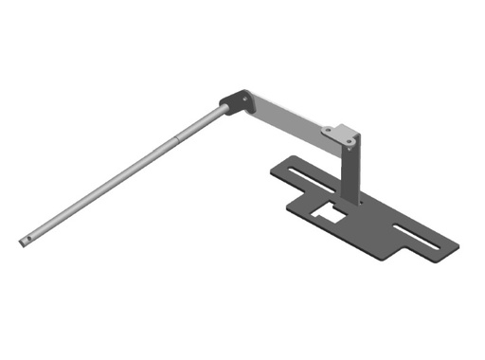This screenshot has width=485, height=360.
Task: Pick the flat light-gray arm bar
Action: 284,118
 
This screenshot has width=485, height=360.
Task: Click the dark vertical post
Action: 351,175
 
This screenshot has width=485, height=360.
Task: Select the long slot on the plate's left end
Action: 308,174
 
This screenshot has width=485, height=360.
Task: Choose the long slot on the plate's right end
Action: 417,238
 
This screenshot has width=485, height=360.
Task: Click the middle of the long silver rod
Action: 123,175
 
